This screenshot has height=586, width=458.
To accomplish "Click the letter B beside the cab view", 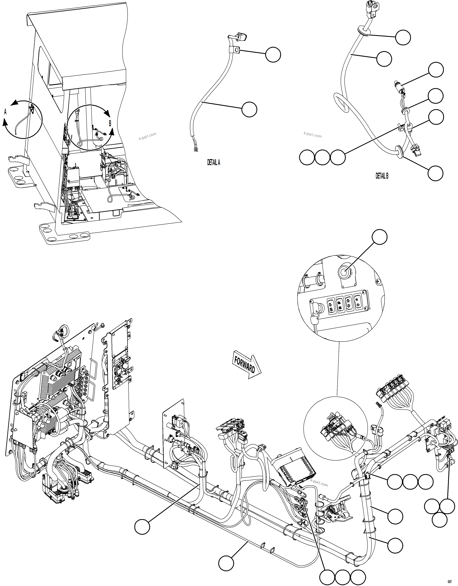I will pos(110,124).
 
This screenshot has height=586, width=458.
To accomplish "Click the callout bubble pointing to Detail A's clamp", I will pos(273,55).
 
